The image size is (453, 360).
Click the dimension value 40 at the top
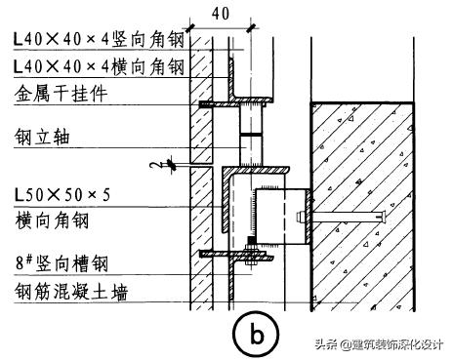tap(221, 13)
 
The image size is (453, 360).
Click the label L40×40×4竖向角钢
tap(99, 40)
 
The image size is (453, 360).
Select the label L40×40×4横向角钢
tap(99, 66)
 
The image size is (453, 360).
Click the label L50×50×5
tap(62, 194)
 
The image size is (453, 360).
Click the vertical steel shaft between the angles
tap(251, 137)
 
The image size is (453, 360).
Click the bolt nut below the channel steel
tap(251, 260)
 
